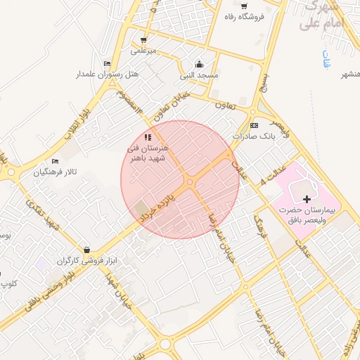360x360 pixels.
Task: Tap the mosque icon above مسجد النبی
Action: click(199, 63)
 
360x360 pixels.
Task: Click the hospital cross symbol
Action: click(306, 200)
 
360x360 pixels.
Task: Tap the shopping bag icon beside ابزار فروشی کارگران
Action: click(86, 250)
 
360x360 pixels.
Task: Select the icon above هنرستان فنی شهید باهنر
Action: click(148, 137)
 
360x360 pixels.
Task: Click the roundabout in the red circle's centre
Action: click(190, 182)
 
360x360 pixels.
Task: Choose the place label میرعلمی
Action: click(143, 51)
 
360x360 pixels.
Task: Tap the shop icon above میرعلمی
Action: click(143, 40)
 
